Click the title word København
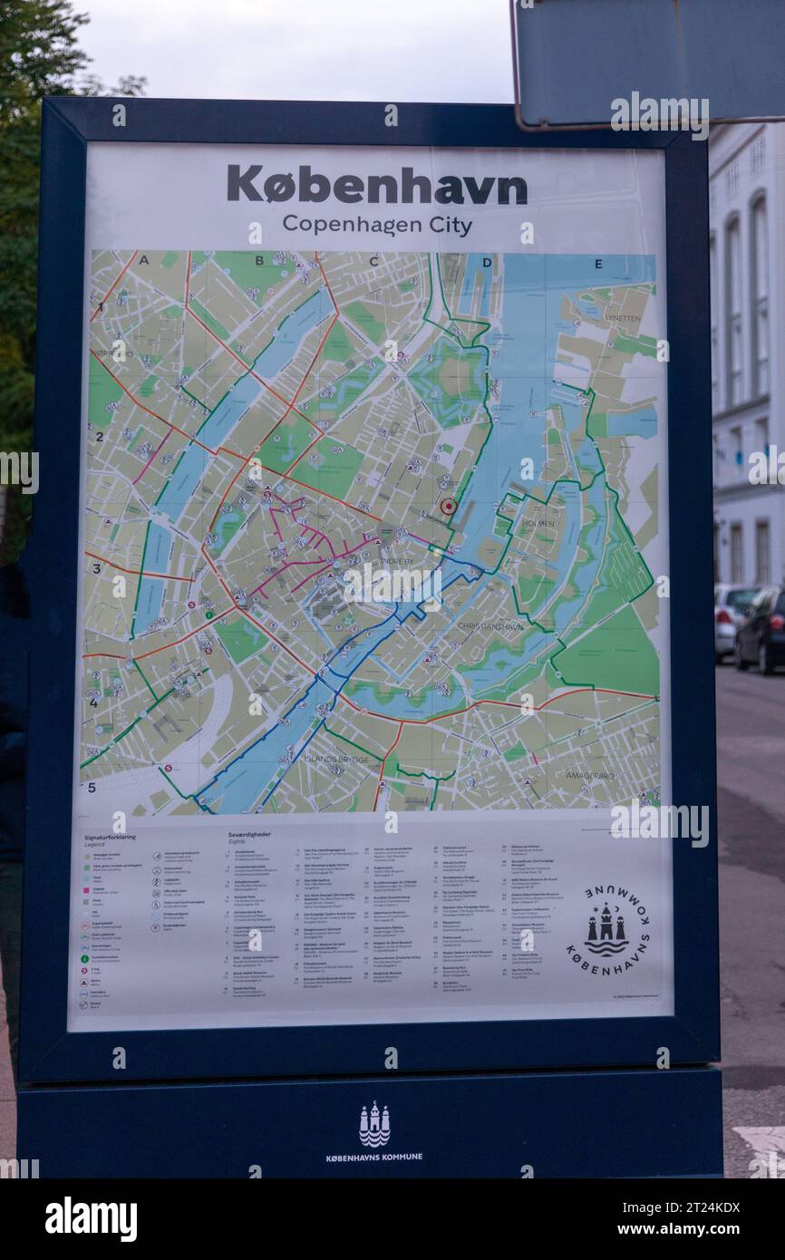tap(376, 186)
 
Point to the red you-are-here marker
tap(448, 506)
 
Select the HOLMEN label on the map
tap(538, 524)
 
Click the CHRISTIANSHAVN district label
tap(489, 625)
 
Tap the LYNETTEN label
tap(623, 318)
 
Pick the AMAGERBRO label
tap(589, 775)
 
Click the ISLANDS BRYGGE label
tap(336, 759)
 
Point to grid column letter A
tap(144, 261)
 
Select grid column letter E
tap(598, 265)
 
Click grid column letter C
tap(373, 262)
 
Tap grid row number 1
tap(100, 306)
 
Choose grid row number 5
tap(92, 788)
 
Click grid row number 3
tap(95, 569)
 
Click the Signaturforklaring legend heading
tap(110, 838)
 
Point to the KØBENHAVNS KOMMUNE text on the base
tap(373, 1157)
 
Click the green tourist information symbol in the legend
tap(84, 958)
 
